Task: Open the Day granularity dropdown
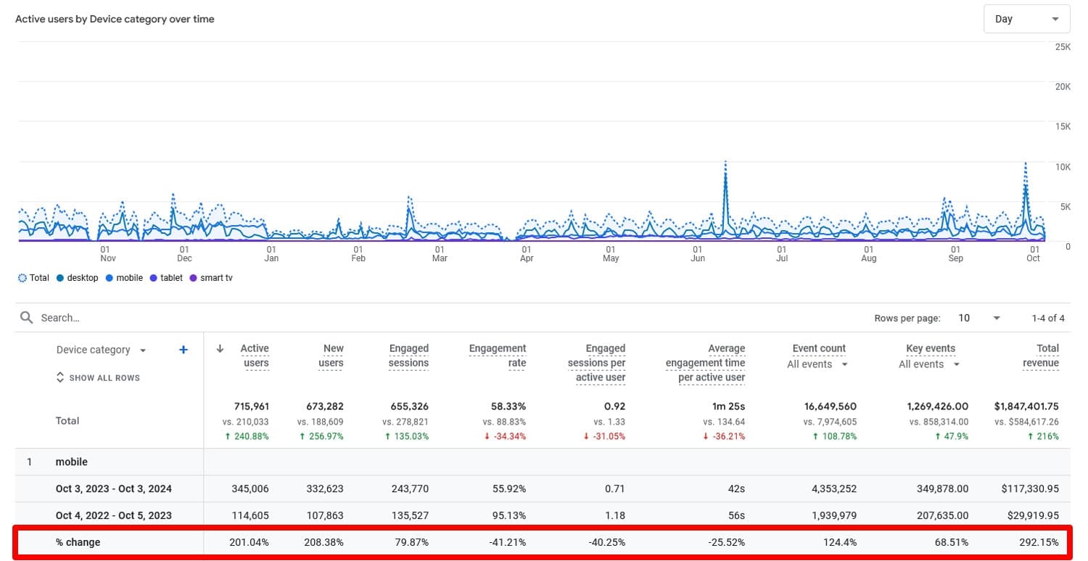tap(1026, 19)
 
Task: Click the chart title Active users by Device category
tap(115, 19)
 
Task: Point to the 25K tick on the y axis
tap(1062, 46)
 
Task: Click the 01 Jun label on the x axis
tap(698, 253)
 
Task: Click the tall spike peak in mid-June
tap(725, 163)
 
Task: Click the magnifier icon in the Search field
tap(27, 318)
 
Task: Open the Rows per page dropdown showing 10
tap(980, 318)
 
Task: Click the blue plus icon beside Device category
tap(184, 350)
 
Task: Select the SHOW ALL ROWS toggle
tap(98, 377)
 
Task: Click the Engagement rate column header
tap(498, 356)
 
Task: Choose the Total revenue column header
tap(1041, 356)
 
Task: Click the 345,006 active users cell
tap(250, 489)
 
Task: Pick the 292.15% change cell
tap(1038, 542)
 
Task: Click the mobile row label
tap(71, 462)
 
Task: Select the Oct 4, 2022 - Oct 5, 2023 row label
tap(113, 515)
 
